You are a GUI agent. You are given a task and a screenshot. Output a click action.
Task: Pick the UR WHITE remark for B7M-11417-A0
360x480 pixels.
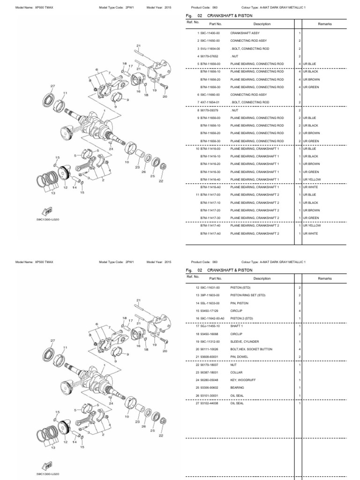pos(310,233)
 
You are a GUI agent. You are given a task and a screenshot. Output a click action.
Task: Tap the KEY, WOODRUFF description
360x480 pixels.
pos(242,379)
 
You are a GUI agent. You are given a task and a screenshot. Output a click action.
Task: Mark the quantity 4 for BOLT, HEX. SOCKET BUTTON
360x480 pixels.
pos(299,349)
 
